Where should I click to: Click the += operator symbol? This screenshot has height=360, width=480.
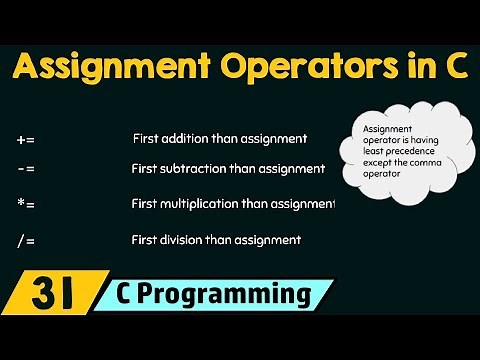27,138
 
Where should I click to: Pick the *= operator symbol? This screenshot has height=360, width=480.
27,204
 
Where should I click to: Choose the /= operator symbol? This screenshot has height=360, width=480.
27,239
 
